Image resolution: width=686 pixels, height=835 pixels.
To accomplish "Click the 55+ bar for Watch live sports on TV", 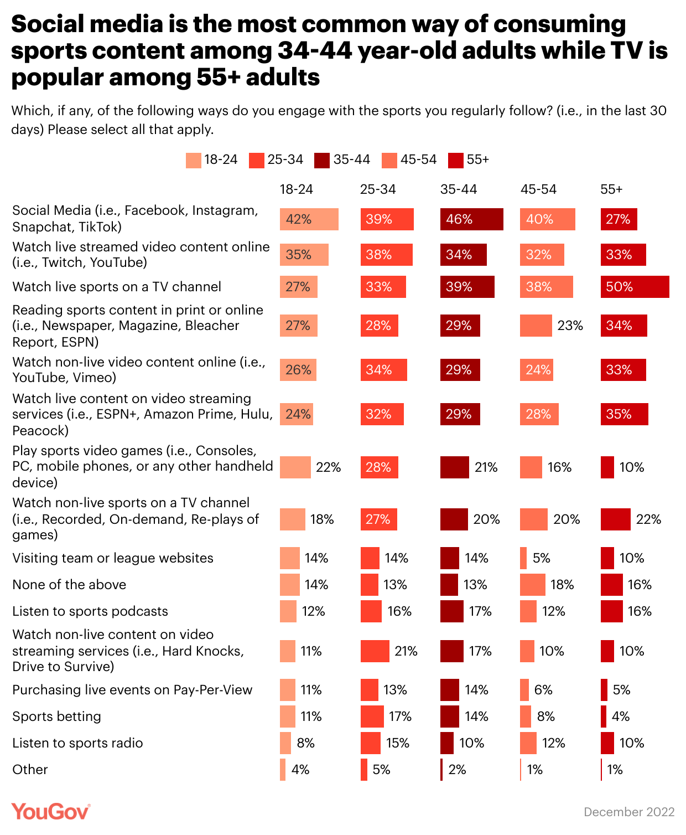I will pos(635,287).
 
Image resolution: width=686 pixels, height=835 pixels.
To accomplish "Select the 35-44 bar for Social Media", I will pos(471,219).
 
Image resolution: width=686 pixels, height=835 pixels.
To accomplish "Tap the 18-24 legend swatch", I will pos(194,160).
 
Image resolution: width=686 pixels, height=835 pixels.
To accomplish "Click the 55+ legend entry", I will pos(469,160).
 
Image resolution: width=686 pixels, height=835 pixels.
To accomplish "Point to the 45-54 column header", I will pos(538,189).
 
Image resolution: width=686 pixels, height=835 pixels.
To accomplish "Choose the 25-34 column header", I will pos(378,189).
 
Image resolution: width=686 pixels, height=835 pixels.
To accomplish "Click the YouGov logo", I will pos(50,812).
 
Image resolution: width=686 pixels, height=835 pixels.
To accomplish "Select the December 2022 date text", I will pos(629,812).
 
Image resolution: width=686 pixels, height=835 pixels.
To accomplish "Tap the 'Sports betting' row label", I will pos(56,717).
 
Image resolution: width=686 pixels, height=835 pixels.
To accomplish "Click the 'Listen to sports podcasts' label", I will pos(90,611).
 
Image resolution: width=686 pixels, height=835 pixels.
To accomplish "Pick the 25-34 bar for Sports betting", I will pos(372,717).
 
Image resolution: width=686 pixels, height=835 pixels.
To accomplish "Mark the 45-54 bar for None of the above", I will pos(532,585).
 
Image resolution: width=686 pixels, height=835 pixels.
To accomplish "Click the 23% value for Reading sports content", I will pos(570,326).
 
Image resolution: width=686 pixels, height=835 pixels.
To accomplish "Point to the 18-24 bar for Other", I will pos(283,770).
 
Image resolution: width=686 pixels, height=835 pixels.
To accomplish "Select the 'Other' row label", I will pos(30,770).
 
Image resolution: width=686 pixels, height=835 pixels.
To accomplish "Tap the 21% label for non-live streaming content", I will pos(406,651).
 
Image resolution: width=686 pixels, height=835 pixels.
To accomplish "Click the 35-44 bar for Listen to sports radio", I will pos(446,743).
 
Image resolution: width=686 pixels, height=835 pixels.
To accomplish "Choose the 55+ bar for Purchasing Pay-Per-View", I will pos(604,690).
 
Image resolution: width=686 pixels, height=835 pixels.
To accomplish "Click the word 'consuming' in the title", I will pos(559,24).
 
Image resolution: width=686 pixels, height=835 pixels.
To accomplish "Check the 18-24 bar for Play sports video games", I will pos(295,467).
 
